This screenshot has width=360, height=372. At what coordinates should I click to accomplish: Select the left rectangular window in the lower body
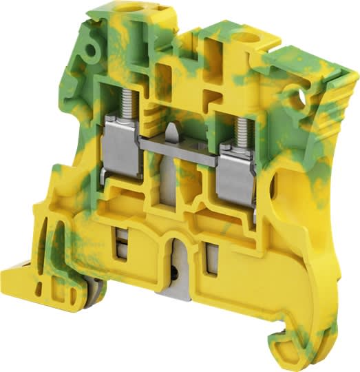coord(122,245)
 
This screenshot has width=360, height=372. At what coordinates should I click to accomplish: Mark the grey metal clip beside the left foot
coord(69,296)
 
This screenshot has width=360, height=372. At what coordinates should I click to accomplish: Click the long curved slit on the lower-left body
coord(49,238)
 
